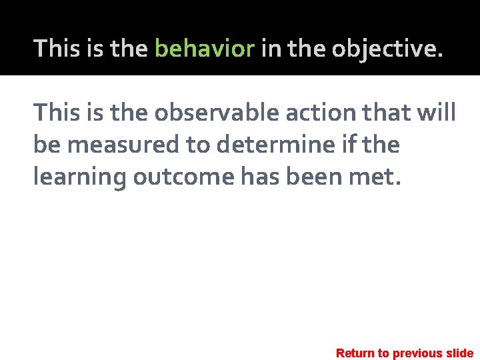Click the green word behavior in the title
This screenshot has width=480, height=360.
point(205,49)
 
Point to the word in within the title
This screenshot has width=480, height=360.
point(270,49)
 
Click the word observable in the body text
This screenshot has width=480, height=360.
point(217,113)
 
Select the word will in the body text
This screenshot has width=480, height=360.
point(437,113)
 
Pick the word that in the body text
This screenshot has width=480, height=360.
point(391,113)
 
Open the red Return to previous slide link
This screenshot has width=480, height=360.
point(405,353)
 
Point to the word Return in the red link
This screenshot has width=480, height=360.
point(355,353)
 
